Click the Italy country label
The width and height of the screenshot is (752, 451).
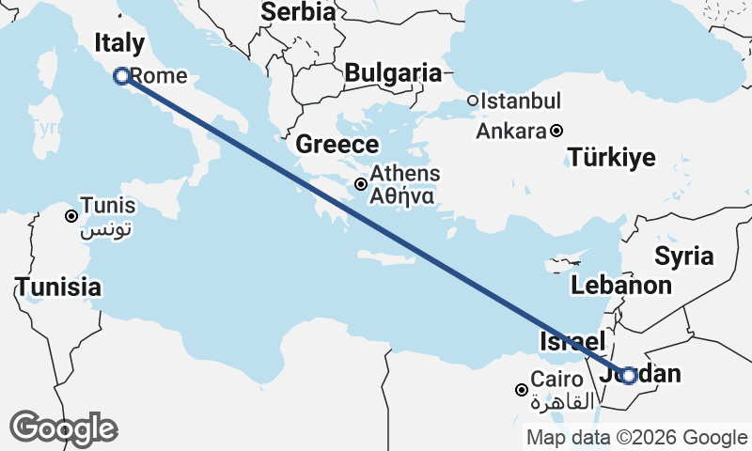pos(119,43)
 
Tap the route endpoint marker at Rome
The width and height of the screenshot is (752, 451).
pos(121,76)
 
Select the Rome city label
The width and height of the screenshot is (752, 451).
pos(159,76)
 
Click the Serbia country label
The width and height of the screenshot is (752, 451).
pos(298,12)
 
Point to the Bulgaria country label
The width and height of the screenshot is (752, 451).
pos(393,72)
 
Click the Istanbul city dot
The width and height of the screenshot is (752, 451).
pos(473,101)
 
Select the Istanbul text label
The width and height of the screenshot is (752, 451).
pos(521,101)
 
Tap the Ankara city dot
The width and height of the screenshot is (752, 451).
pos(556,131)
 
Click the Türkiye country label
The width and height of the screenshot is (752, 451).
pos(612,158)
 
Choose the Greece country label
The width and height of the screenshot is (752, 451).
pos(337,145)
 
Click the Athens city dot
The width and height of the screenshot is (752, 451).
pos(361,184)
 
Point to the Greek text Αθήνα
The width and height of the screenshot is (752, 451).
pos(401,197)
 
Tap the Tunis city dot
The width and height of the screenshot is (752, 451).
pos(70,216)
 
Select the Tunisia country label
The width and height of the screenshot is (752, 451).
pos(58,287)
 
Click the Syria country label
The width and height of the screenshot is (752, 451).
pos(684,256)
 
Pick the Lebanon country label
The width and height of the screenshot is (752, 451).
pos(621,286)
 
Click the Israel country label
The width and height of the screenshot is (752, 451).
pos(572,341)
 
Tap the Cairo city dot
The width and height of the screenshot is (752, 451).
pos(522,389)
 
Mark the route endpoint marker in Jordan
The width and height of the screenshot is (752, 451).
pos(629,375)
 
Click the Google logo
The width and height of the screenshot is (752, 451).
pos(64,428)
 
